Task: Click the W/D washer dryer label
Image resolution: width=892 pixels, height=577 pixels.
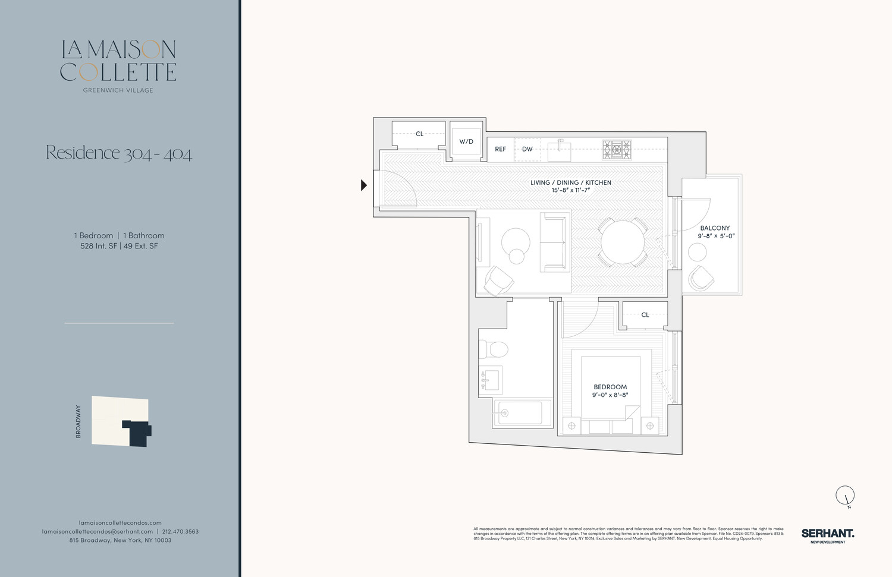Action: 466,141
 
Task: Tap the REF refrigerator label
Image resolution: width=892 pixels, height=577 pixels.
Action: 501,149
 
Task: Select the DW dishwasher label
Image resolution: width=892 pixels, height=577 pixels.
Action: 527,149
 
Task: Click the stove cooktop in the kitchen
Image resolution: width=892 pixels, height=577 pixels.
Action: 617,149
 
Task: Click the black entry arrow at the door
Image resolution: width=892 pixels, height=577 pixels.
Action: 364,185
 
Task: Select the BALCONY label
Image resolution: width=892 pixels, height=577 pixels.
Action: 715,228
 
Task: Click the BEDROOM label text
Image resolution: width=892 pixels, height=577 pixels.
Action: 610,387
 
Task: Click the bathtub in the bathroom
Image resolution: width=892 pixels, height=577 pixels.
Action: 522,412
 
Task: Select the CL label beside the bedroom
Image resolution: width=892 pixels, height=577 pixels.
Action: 645,315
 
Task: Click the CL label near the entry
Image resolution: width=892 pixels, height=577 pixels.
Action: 419,134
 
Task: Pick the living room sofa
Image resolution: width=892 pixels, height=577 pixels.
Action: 553,242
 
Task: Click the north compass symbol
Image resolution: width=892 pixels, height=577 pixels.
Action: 845,495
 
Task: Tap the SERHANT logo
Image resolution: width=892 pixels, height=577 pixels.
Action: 827,534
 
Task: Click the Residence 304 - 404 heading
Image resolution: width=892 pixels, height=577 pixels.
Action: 119,153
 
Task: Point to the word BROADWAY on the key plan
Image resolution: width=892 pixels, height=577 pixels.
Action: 78,421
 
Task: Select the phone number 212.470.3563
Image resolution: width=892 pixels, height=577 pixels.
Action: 180,531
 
